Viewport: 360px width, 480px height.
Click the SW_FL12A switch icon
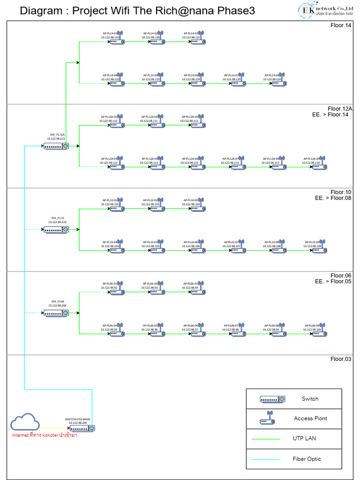click(56, 146)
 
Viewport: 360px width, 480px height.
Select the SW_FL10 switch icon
click(56, 230)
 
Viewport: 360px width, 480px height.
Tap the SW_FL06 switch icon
click(56, 313)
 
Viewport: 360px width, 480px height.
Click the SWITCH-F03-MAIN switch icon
click(82, 428)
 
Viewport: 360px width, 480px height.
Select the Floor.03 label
click(341, 359)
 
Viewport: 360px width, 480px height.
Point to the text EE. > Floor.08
click(333, 198)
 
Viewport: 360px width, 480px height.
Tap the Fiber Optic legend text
click(307, 459)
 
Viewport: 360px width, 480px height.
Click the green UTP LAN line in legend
click(266, 439)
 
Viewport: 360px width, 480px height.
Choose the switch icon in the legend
click(272, 399)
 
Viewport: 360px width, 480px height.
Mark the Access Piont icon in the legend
click(268, 419)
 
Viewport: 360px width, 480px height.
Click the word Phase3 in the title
click(237, 11)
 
